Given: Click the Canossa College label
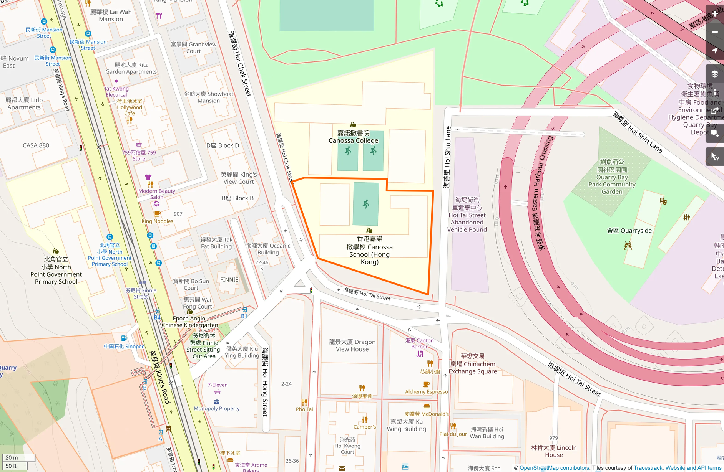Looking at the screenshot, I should [x=353, y=137].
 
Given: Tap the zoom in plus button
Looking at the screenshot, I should [x=714, y=13].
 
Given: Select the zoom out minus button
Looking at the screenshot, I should [x=714, y=32].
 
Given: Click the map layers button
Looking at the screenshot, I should [x=714, y=74].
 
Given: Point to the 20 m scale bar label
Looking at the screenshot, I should [x=12, y=457].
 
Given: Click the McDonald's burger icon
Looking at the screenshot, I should [x=427, y=406].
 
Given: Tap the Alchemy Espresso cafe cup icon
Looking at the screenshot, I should [x=426, y=384].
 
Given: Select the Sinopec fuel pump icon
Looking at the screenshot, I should [x=124, y=338].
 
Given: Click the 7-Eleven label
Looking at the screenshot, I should [x=218, y=385].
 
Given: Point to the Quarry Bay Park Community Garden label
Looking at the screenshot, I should [x=612, y=177].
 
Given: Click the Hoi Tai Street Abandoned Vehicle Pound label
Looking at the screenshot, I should [x=467, y=215].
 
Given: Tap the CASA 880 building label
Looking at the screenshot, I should [x=36, y=145].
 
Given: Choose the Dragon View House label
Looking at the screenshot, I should [x=352, y=345].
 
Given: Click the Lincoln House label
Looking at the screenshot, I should [x=554, y=451].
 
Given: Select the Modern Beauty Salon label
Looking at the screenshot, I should [x=157, y=194].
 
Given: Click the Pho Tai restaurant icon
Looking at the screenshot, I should [x=304, y=402].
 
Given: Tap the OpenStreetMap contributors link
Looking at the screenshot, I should [x=554, y=468].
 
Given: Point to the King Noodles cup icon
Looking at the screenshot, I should [x=157, y=214].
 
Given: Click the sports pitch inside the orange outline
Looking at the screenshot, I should [x=366, y=204].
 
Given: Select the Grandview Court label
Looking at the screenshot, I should [x=193, y=48].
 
